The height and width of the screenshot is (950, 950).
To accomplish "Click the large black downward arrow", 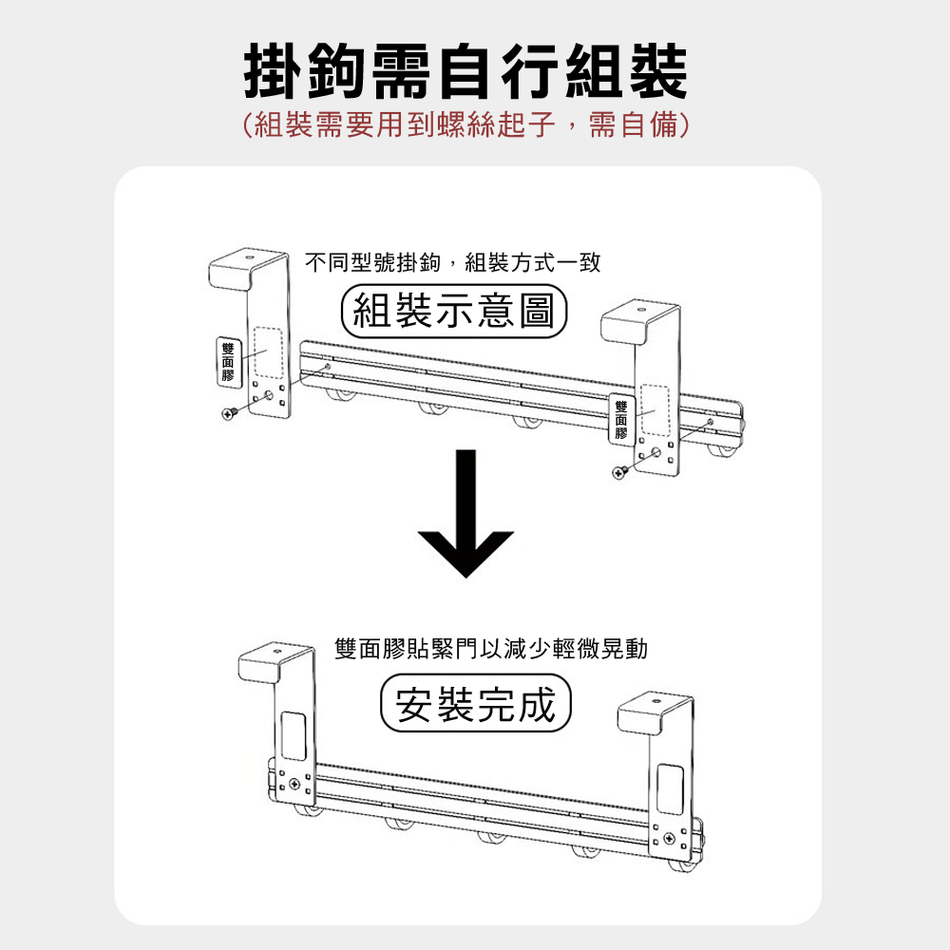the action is [x=465, y=515].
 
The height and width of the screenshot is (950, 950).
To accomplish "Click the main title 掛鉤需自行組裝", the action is [x=465, y=71].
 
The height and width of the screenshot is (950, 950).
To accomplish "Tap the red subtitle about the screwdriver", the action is [x=465, y=124].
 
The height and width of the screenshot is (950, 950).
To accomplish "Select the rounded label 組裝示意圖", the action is [x=454, y=311].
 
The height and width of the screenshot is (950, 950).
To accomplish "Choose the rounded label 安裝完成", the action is [x=476, y=703].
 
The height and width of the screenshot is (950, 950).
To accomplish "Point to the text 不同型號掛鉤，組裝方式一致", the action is [x=452, y=262].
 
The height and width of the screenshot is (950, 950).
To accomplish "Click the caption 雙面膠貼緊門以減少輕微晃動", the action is [x=491, y=649].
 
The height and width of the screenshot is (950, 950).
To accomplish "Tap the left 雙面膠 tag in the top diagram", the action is [x=228, y=362].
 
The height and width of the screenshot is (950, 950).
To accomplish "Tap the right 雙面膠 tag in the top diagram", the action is [x=621, y=419].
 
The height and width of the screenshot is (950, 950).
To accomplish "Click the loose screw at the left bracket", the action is [x=229, y=413].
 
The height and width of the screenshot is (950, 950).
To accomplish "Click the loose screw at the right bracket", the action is [x=619, y=472].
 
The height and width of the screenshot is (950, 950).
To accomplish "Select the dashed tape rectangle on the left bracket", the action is [x=269, y=352].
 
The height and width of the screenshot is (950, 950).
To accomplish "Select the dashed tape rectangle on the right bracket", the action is [x=655, y=409].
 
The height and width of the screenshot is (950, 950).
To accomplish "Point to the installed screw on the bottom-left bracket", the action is [x=294, y=784].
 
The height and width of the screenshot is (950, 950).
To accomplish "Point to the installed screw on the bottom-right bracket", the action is [x=669, y=839].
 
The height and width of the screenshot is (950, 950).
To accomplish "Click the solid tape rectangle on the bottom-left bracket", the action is [x=294, y=735].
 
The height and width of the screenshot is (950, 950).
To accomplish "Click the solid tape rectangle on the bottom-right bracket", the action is [x=670, y=788].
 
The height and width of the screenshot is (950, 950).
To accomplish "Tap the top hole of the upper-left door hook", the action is [x=249, y=256].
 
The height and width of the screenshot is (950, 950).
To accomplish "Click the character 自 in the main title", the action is [x=465, y=71].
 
